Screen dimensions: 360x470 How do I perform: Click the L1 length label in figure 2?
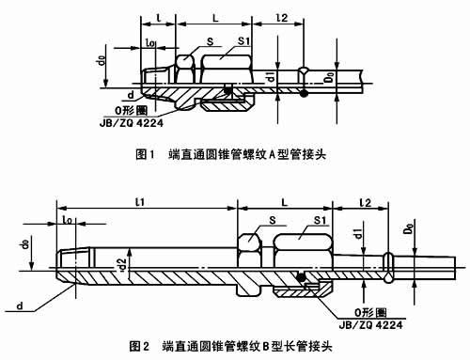[x=138, y=202]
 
